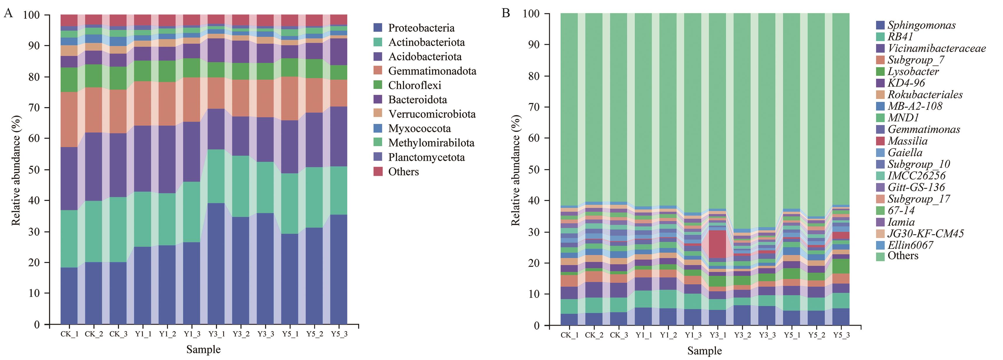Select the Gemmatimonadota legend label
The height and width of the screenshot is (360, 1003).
pos(432,71)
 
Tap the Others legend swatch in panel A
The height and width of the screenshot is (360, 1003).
pos(378,172)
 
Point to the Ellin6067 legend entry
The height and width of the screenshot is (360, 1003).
pos(910,245)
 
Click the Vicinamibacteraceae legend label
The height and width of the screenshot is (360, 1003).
pos(936,48)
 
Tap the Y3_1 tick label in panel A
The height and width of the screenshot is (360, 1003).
pos(216,334)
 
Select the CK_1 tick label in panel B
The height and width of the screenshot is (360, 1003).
pos(569,335)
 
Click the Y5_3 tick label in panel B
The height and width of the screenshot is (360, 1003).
pos(841,335)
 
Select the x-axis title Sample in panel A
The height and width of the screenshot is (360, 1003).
pos(203,349)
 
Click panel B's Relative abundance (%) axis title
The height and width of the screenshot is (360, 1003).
pos(516,170)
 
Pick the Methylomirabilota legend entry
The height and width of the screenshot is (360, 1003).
pos(431,143)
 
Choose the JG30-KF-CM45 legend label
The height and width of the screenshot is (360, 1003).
pos(925,233)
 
